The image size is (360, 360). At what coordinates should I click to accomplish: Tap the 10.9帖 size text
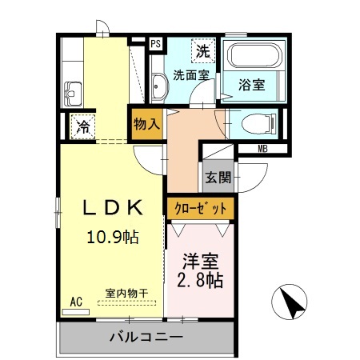[x=112, y=237]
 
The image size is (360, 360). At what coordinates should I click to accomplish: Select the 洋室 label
[x=200, y=261]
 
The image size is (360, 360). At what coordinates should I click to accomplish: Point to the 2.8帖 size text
[x=199, y=281]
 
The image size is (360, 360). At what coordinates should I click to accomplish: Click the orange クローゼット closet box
[x=200, y=208]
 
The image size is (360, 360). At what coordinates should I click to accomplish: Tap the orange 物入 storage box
[x=147, y=126]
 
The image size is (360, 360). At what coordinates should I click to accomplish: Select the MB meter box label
[x=262, y=149]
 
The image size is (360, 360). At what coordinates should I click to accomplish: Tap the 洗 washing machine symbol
[x=203, y=51]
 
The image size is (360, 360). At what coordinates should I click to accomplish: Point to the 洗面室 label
[x=191, y=77]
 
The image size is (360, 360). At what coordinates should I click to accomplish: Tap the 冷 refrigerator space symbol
[x=83, y=125]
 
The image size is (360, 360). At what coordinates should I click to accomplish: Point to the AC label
[x=76, y=302]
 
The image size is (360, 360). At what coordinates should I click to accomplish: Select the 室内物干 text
[x=126, y=294]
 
